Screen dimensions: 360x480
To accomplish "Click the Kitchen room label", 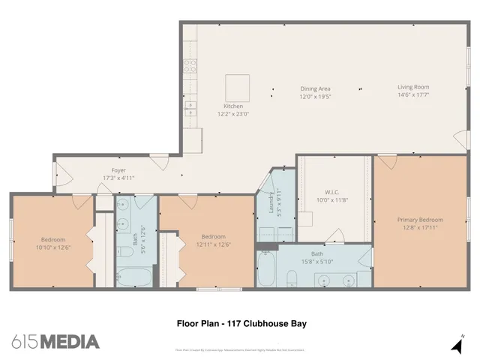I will click(x=232, y=106).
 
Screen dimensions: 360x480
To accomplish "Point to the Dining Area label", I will click(x=315, y=88).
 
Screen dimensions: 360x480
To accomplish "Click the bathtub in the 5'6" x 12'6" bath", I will click(x=135, y=277).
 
